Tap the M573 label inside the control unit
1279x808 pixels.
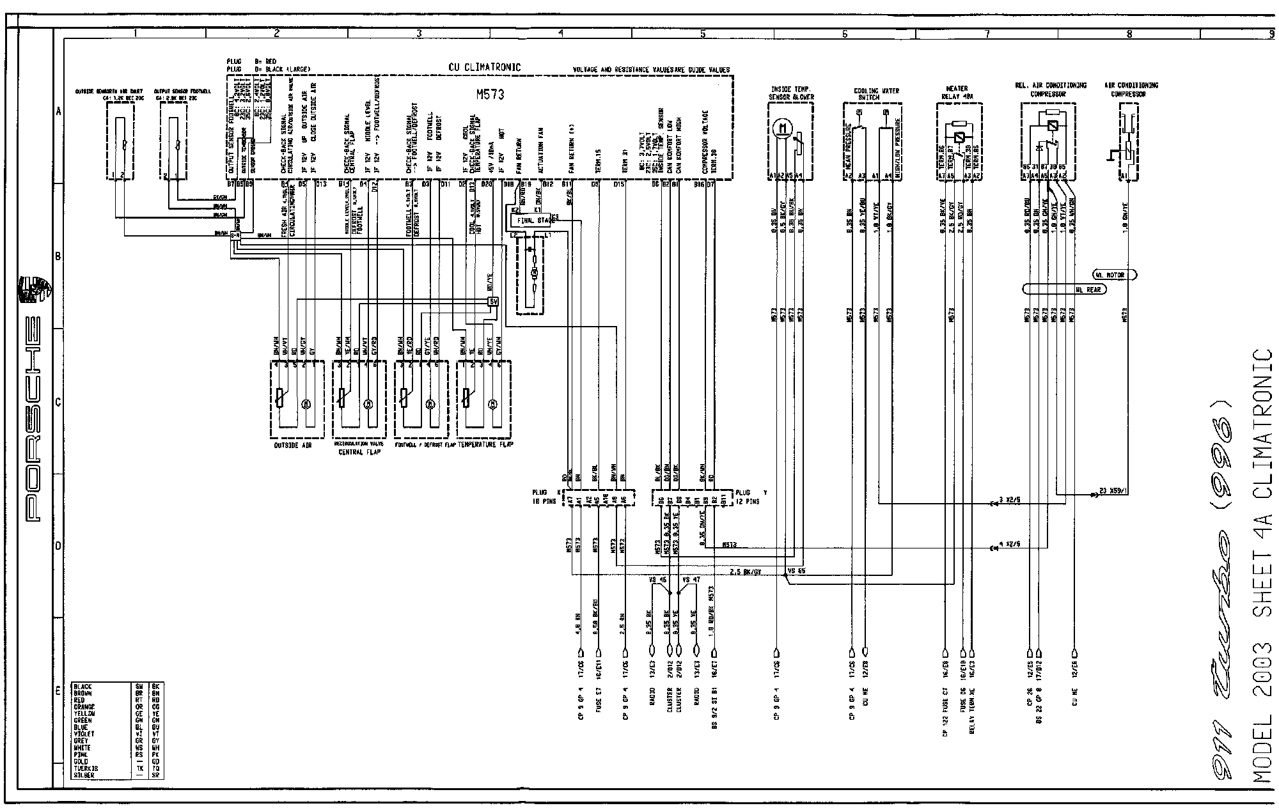[490, 95]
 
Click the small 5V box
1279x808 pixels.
[493, 302]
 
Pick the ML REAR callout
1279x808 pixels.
[1087, 289]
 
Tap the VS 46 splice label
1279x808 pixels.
[657, 580]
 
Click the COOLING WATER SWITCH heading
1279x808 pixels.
[876, 94]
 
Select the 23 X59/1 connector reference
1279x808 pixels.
[1113, 493]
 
